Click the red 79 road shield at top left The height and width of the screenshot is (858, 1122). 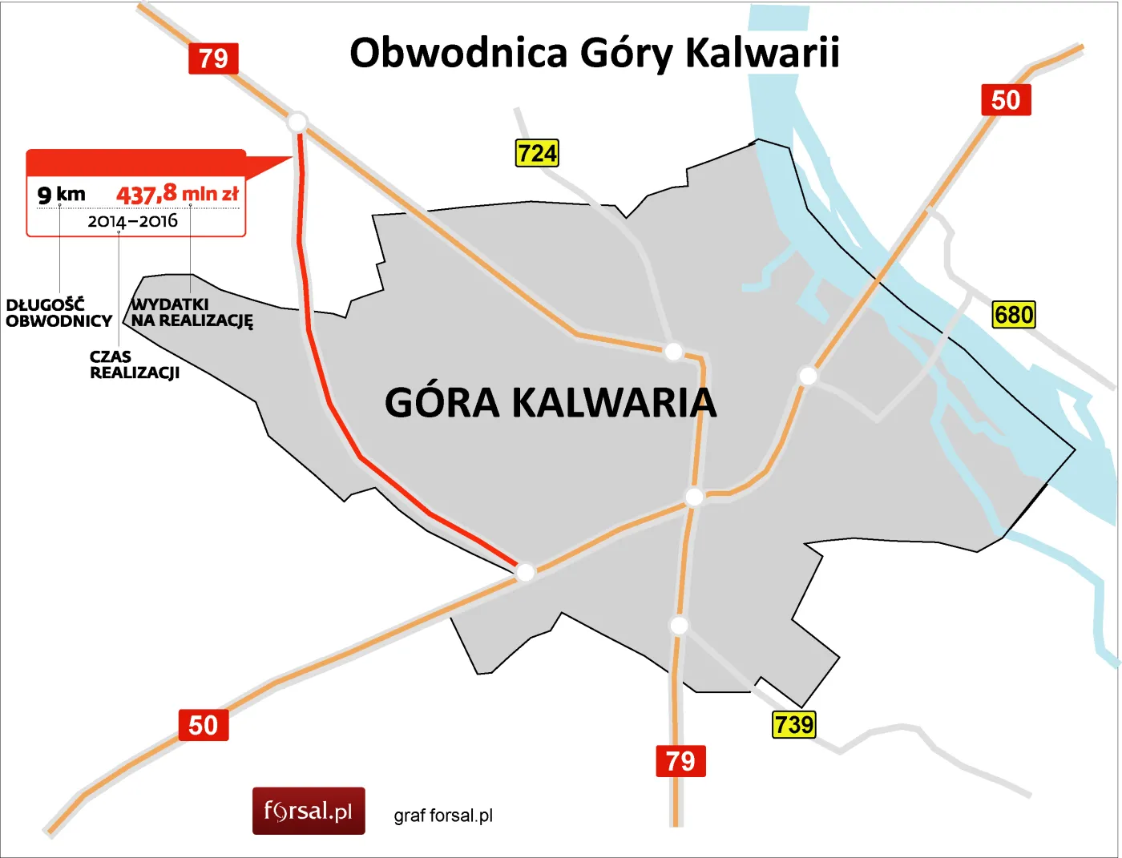tap(213, 58)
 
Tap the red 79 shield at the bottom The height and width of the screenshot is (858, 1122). tap(680, 760)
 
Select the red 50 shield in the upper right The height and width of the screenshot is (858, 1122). tap(1006, 100)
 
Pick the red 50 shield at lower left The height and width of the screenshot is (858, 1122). tap(203, 725)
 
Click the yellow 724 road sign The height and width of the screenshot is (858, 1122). tap(536, 153)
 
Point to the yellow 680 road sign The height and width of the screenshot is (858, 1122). tap(1013, 314)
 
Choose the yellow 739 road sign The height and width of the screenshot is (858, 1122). tap(793, 724)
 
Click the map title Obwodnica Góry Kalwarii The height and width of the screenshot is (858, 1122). tap(594, 53)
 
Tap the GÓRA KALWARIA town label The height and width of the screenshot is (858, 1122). tap(551, 402)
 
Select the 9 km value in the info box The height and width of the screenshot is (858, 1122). tap(61, 194)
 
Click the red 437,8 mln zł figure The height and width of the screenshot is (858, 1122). tap(177, 194)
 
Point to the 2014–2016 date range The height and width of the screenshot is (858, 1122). tap(132, 221)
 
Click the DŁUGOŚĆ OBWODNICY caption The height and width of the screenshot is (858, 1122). tap(59, 312)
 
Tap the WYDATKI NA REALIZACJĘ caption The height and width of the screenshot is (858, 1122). tap(192, 312)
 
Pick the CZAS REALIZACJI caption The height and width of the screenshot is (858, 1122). tap(134, 365)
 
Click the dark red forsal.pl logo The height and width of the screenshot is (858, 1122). tap(309, 811)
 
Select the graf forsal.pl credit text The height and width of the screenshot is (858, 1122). tap(443, 816)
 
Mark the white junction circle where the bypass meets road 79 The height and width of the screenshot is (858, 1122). tap(297, 123)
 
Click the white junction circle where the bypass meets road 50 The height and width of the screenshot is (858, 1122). tap(525, 572)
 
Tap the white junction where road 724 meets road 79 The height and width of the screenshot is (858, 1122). tap(673, 351)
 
